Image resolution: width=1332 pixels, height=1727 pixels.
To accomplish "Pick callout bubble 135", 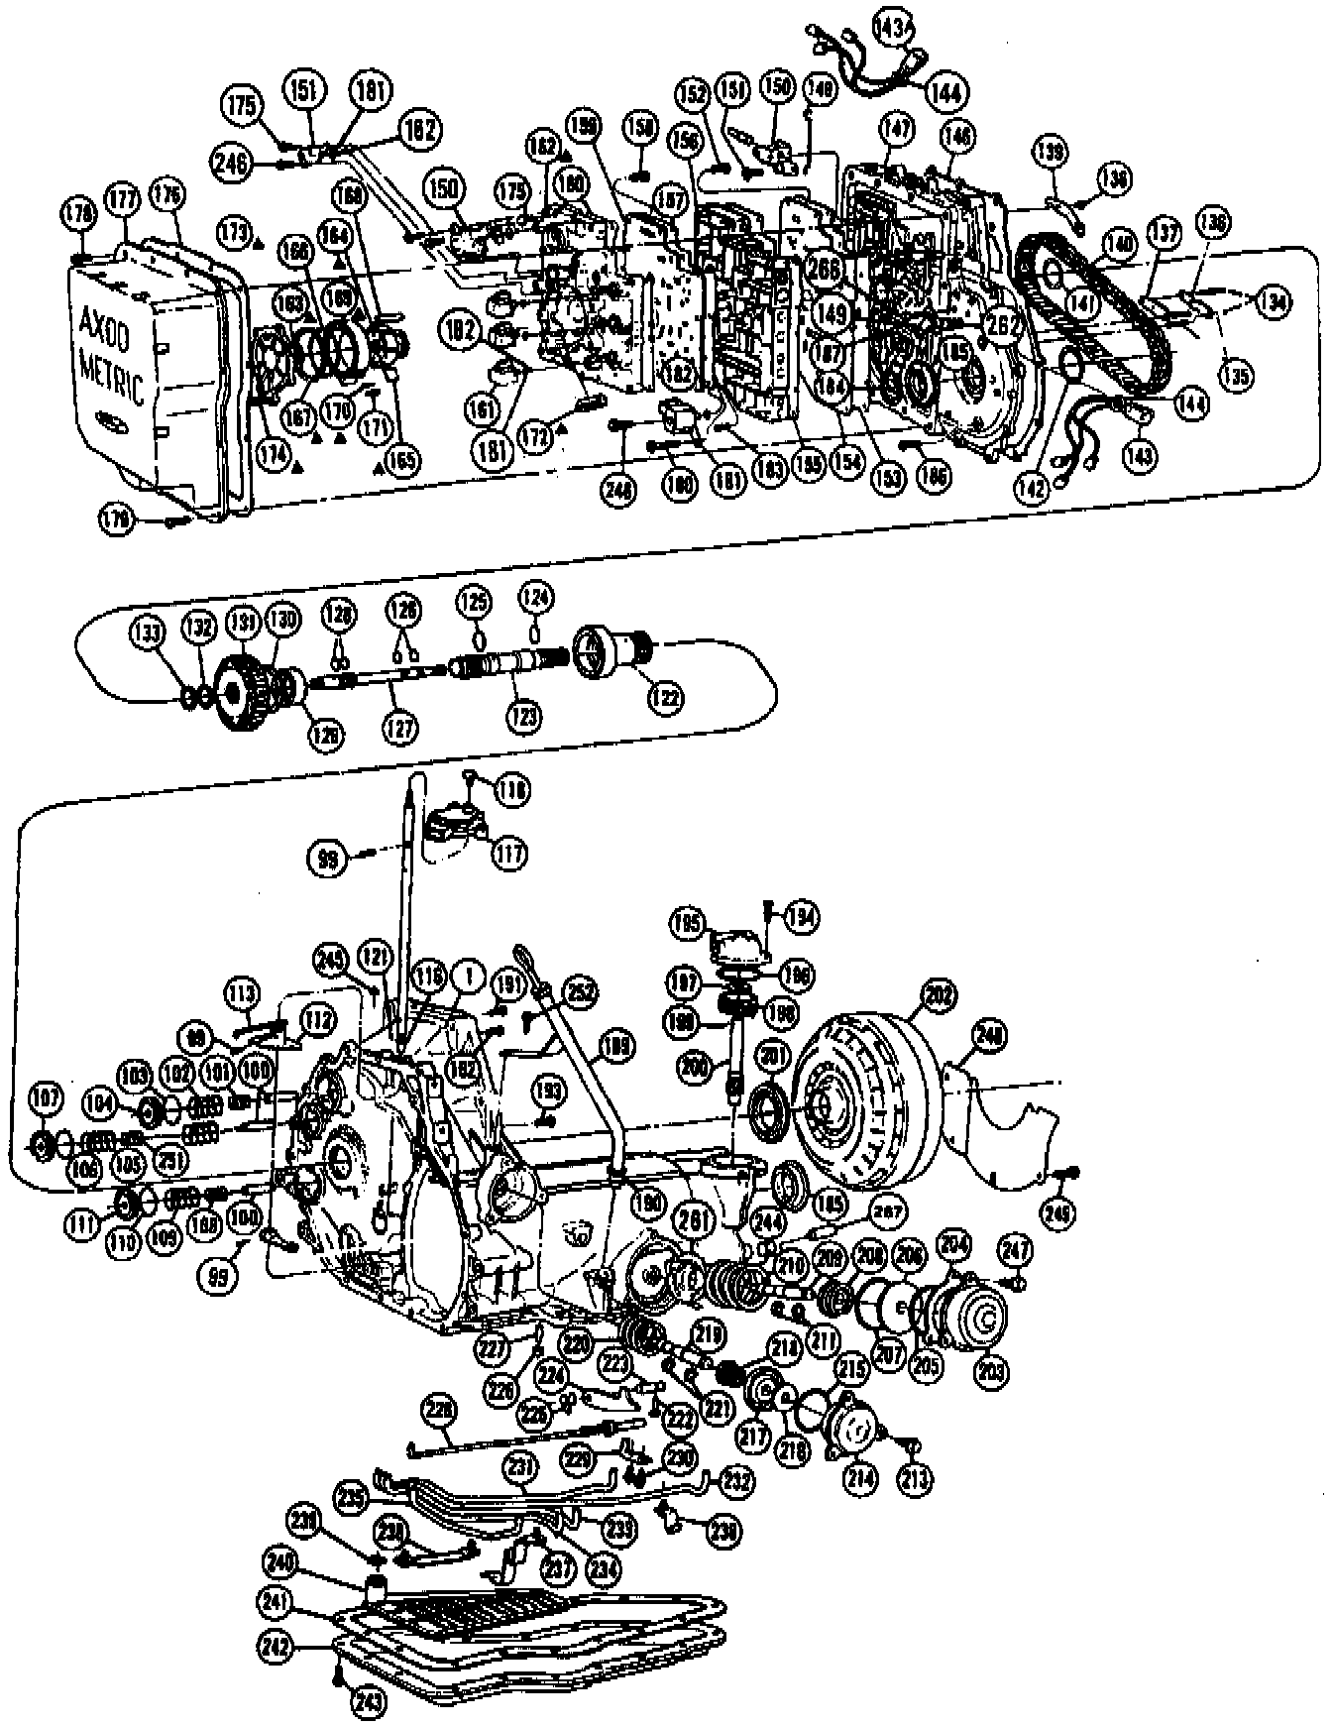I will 1236,376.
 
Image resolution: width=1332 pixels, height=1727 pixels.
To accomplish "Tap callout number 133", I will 150,634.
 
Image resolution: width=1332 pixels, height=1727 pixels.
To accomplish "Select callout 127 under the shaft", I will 402,728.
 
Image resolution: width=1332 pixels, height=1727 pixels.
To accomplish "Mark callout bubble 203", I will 991,1372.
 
